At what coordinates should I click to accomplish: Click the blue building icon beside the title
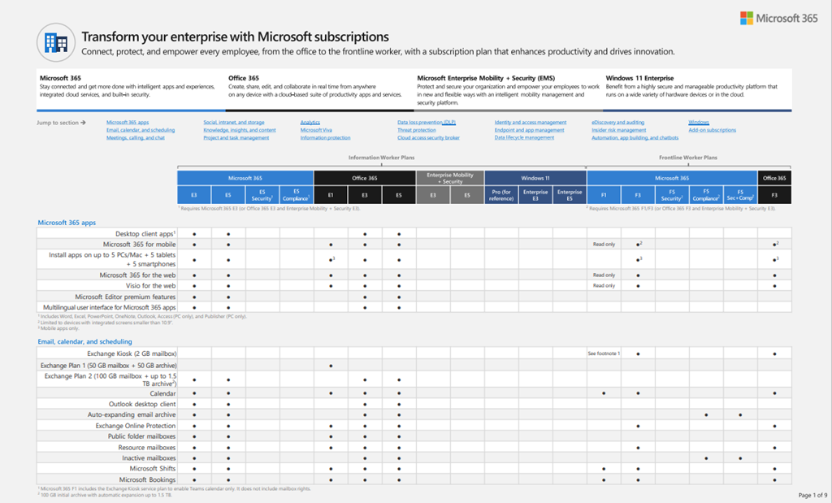pos(56,43)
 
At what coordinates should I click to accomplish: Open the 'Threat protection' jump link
pos(416,130)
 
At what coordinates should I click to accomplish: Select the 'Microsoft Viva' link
pos(316,130)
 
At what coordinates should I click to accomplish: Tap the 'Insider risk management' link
pos(618,130)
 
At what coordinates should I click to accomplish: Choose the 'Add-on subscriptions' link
pos(712,130)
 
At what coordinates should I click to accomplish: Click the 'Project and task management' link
pos(236,138)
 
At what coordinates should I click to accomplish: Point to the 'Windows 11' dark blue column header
pos(535,178)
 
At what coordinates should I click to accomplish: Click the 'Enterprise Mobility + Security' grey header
pos(450,178)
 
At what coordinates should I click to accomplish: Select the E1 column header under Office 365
pos(331,195)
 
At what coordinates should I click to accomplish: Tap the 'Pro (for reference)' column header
pos(500,195)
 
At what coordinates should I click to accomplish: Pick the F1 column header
pos(604,195)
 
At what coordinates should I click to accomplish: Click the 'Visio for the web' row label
pos(151,286)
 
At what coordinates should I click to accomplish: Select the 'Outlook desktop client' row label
pos(142,404)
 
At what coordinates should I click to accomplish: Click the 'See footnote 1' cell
pos(603,354)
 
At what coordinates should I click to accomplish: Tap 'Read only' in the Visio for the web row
pos(604,286)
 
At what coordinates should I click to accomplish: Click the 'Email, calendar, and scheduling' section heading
pos(84,342)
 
